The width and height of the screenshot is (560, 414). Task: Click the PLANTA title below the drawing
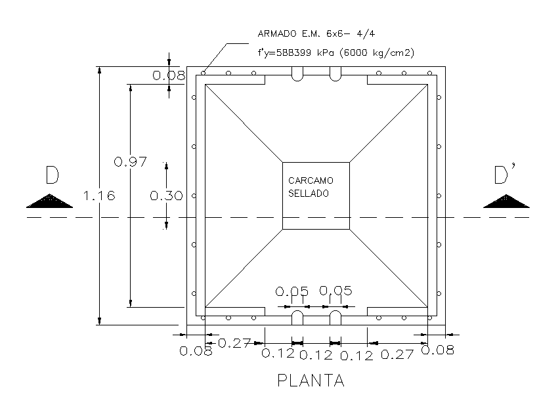tap(311, 381)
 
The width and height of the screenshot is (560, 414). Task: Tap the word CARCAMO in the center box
tap(311, 180)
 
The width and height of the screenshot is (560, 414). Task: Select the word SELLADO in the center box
tap(309, 194)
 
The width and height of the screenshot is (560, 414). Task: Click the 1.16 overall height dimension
tap(99, 196)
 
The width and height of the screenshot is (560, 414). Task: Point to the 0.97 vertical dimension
tap(130, 162)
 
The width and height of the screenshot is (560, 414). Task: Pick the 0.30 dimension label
tap(166, 196)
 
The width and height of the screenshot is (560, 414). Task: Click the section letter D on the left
tap(52, 175)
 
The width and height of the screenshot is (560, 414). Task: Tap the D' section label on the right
tap(505, 174)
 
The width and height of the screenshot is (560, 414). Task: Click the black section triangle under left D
tap(50, 201)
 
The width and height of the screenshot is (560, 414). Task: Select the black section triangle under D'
tap(506, 201)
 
